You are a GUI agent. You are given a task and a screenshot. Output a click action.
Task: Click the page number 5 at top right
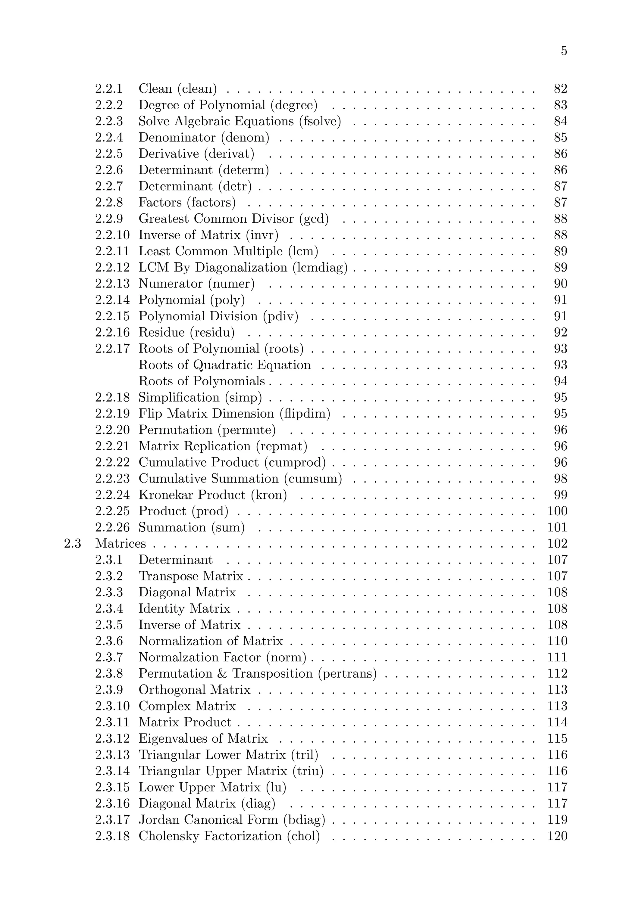[x=563, y=51]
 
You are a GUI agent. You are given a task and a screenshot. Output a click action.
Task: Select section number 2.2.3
[x=109, y=121]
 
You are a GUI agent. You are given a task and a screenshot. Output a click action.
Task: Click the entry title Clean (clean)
[x=177, y=89]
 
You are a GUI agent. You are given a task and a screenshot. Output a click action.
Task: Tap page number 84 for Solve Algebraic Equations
[x=560, y=121]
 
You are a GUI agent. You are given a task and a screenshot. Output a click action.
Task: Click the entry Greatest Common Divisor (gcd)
[x=233, y=219]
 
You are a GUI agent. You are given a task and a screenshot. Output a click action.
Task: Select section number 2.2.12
[x=112, y=267]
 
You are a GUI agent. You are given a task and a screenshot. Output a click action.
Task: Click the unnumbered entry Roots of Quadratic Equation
[x=224, y=365]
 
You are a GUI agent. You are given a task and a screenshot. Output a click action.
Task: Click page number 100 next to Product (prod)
[x=557, y=511]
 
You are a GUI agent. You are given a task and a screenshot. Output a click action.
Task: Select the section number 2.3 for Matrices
[x=72, y=544]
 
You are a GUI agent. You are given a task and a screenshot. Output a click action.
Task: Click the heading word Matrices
[x=120, y=544]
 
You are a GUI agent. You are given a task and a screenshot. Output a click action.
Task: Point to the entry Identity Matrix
[x=184, y=608]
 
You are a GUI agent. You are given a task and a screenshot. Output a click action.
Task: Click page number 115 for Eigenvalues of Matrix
[x=557, y=738]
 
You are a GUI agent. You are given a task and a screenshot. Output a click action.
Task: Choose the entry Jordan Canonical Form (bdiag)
[x=232, y=820]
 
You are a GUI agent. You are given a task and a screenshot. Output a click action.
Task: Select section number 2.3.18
[x=112, y=836]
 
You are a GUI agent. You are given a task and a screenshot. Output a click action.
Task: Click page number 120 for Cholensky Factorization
[x=557, y=836]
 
